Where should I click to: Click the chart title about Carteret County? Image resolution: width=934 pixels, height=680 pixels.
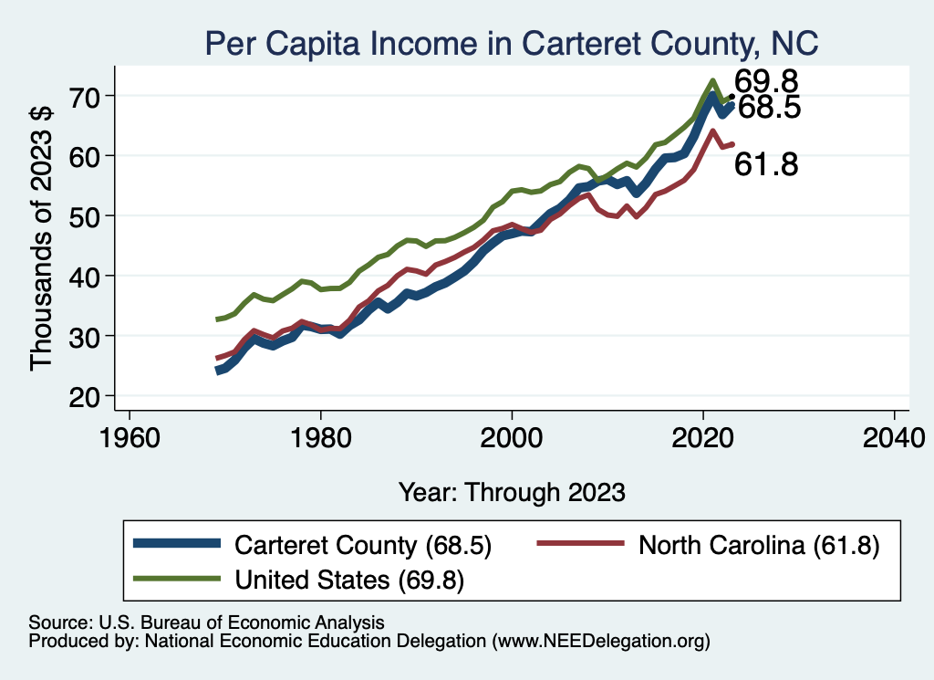[511, 43]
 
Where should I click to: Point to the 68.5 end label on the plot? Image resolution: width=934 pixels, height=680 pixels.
[768, 108]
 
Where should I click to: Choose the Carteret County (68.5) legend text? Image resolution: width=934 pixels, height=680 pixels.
[363, 545]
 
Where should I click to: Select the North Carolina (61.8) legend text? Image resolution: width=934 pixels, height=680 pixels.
[758, 545]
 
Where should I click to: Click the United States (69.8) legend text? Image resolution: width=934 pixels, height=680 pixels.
[350, 579]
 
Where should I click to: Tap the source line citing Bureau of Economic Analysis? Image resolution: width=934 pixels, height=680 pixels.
[206, 622]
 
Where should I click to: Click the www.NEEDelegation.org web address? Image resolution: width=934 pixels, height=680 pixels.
[600, 642]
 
